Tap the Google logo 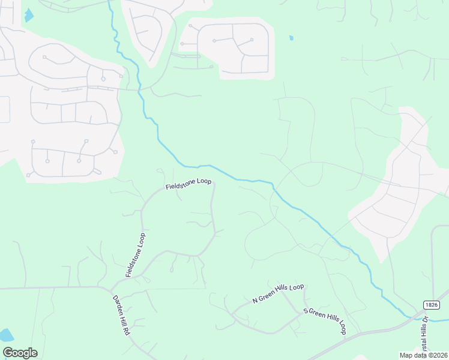click(x=20, y=353)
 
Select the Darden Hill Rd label click(x=121, y=315)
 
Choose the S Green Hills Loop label click(x=325, y=321)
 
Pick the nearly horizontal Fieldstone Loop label click(x=188, y=184)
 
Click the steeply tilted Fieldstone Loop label click(x=136, y=254)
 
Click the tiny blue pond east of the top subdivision click(x=291, y=38)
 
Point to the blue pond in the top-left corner click(x=29, y=15)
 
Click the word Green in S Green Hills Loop click(x=318, y=316)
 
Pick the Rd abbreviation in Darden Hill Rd click(x=127, y=331)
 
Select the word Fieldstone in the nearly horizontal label click(x=180, y=185)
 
